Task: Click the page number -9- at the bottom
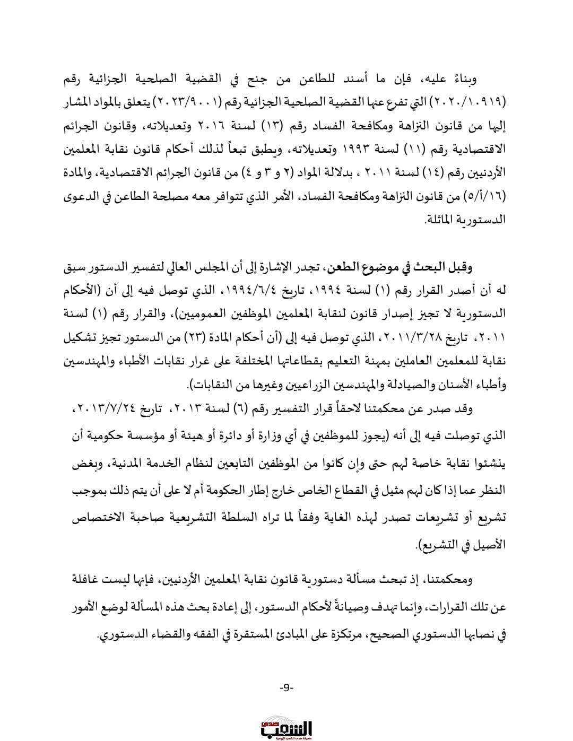click(x=286, y=687)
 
